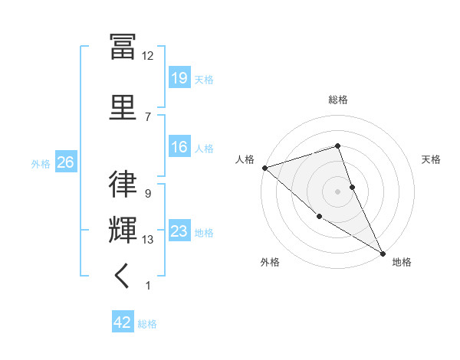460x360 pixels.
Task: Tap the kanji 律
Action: [123, 184]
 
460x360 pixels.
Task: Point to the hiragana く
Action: [123, 277]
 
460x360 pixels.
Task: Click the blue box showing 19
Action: [179, 78]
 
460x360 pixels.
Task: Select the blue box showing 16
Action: [179, 147]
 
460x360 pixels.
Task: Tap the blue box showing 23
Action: [179, 231]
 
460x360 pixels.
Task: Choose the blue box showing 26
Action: [65, 162]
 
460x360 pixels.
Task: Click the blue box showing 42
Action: [123, 322]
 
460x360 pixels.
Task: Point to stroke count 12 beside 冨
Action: [147, 56]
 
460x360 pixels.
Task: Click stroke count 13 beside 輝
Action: [147, 240]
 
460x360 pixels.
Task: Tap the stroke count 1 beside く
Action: [147, 286]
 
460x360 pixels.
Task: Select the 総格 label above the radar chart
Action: [338, 100]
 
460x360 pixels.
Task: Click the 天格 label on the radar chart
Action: [432, 159]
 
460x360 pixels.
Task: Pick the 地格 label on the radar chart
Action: [402, 262]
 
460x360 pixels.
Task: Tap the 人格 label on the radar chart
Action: [245, 159]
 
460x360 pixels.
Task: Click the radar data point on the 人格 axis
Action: [264, 167]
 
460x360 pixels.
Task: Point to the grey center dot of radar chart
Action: [338, 191]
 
